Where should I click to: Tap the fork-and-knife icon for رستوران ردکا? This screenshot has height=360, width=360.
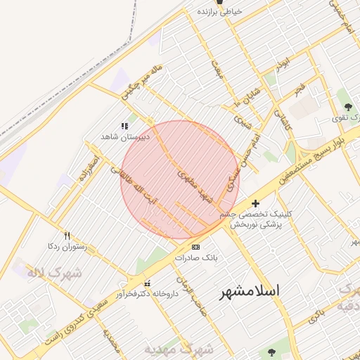click(x=67, y=236)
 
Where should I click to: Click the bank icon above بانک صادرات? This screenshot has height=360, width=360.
click(x=195, y=247)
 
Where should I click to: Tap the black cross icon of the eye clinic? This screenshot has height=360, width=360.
click(x=255, y=203)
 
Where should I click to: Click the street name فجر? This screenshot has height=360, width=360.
click(x=300, y=89)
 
